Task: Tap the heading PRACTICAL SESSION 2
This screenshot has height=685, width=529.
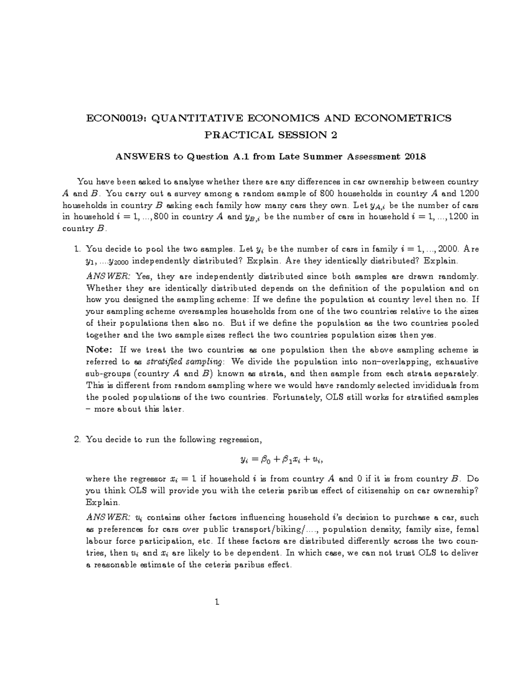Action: [270, 135]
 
